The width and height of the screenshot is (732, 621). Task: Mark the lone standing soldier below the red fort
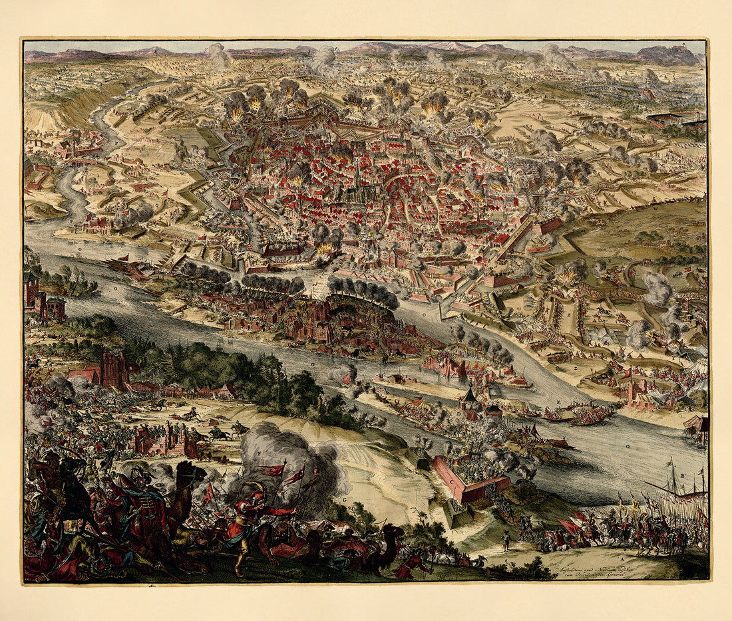(x=506, y=540)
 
